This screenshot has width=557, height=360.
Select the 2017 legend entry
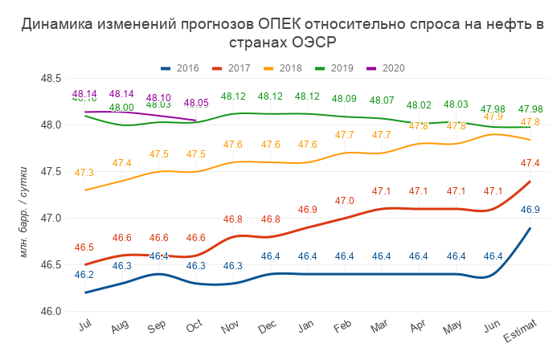point(239,68)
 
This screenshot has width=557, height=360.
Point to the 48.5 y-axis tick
point(51,78)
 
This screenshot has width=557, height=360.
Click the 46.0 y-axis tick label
point(51,311)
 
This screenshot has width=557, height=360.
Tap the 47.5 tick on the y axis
point(51,171)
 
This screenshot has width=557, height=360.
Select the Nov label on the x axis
point(231,327)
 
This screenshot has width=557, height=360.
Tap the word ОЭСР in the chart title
point(311,42)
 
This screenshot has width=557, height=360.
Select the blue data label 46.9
point(529,210)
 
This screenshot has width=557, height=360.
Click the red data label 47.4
point(529,163)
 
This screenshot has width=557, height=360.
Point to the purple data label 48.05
point(195,103)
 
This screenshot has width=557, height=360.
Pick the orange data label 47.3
point(84,173)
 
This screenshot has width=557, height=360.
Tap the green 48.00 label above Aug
point(121,108)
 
